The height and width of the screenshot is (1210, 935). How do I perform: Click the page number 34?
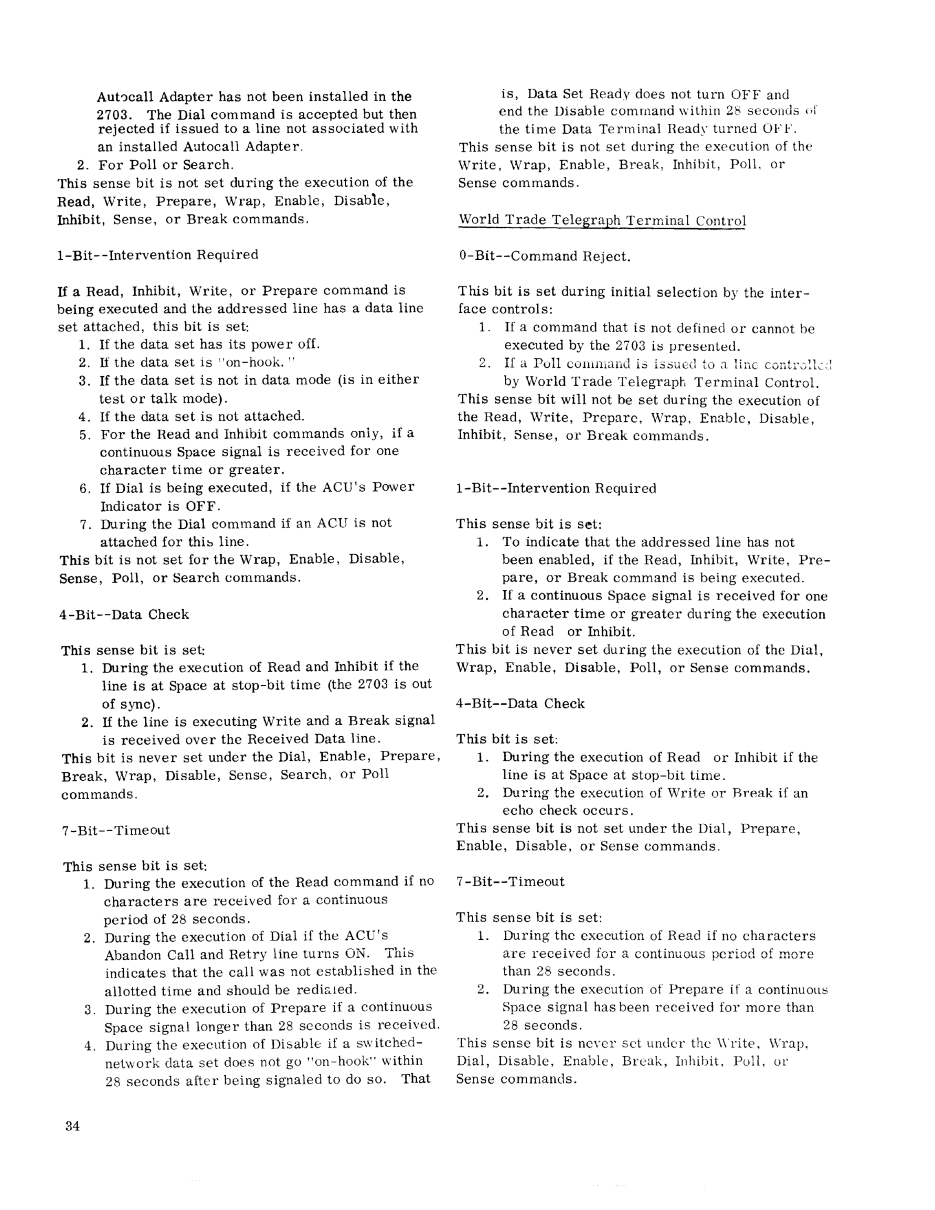[72, 1127]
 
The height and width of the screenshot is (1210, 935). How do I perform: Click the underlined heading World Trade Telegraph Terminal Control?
[602, 220]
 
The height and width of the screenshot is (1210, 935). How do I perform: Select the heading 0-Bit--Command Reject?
[545, 257]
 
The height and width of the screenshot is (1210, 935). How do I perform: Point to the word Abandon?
[131, 954]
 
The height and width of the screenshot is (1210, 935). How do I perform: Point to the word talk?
[160, 398]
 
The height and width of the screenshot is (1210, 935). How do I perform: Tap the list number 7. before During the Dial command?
[84, 524]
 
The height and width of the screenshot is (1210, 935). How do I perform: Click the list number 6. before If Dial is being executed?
[84, 488]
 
